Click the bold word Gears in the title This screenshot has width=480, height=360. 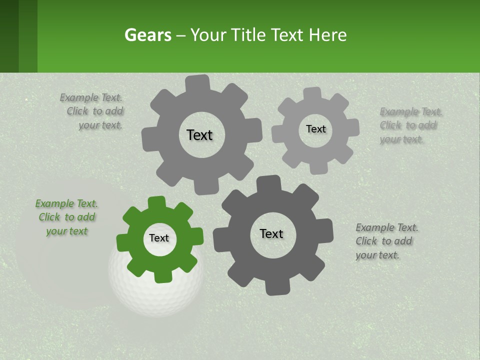147,35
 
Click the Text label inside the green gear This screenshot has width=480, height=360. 159,238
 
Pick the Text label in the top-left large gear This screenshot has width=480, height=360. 199,135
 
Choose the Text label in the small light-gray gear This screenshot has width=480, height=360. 315,129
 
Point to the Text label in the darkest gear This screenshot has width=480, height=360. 271,233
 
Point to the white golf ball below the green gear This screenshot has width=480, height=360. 150,295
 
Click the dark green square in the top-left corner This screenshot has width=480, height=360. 9,36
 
